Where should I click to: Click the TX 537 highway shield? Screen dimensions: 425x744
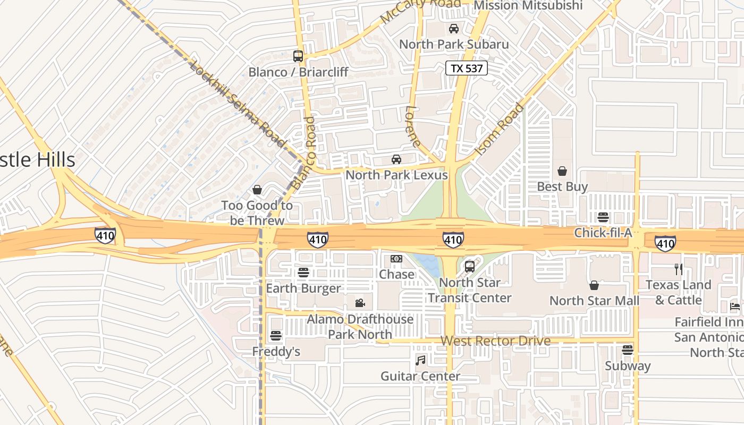[466, 68]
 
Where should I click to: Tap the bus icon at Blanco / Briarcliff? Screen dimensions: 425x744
[298, 56]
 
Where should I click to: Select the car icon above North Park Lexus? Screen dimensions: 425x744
[396, 159]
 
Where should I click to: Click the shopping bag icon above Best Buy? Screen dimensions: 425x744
[562, 171]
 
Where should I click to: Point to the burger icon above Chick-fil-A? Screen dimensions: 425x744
[603, 217]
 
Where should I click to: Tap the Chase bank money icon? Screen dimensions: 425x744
[396, 259]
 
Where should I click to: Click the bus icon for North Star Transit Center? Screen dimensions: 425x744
[470, 267]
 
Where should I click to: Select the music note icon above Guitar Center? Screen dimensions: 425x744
[420, 361]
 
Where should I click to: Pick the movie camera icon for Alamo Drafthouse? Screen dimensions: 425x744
[360, 303]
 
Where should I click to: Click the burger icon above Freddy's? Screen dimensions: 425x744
[275, 336]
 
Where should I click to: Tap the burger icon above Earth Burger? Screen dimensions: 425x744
[303, 273]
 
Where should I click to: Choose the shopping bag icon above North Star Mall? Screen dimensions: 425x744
[594, 285]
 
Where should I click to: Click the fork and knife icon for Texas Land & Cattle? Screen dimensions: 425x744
[678, 269]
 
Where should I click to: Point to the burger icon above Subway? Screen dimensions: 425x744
[628, 350]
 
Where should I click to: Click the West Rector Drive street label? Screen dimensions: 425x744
[495, 341]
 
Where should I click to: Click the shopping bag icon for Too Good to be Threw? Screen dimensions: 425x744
[257, 190]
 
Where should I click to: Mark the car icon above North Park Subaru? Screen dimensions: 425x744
[454, 29]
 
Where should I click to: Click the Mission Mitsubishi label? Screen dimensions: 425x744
[528, 5]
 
